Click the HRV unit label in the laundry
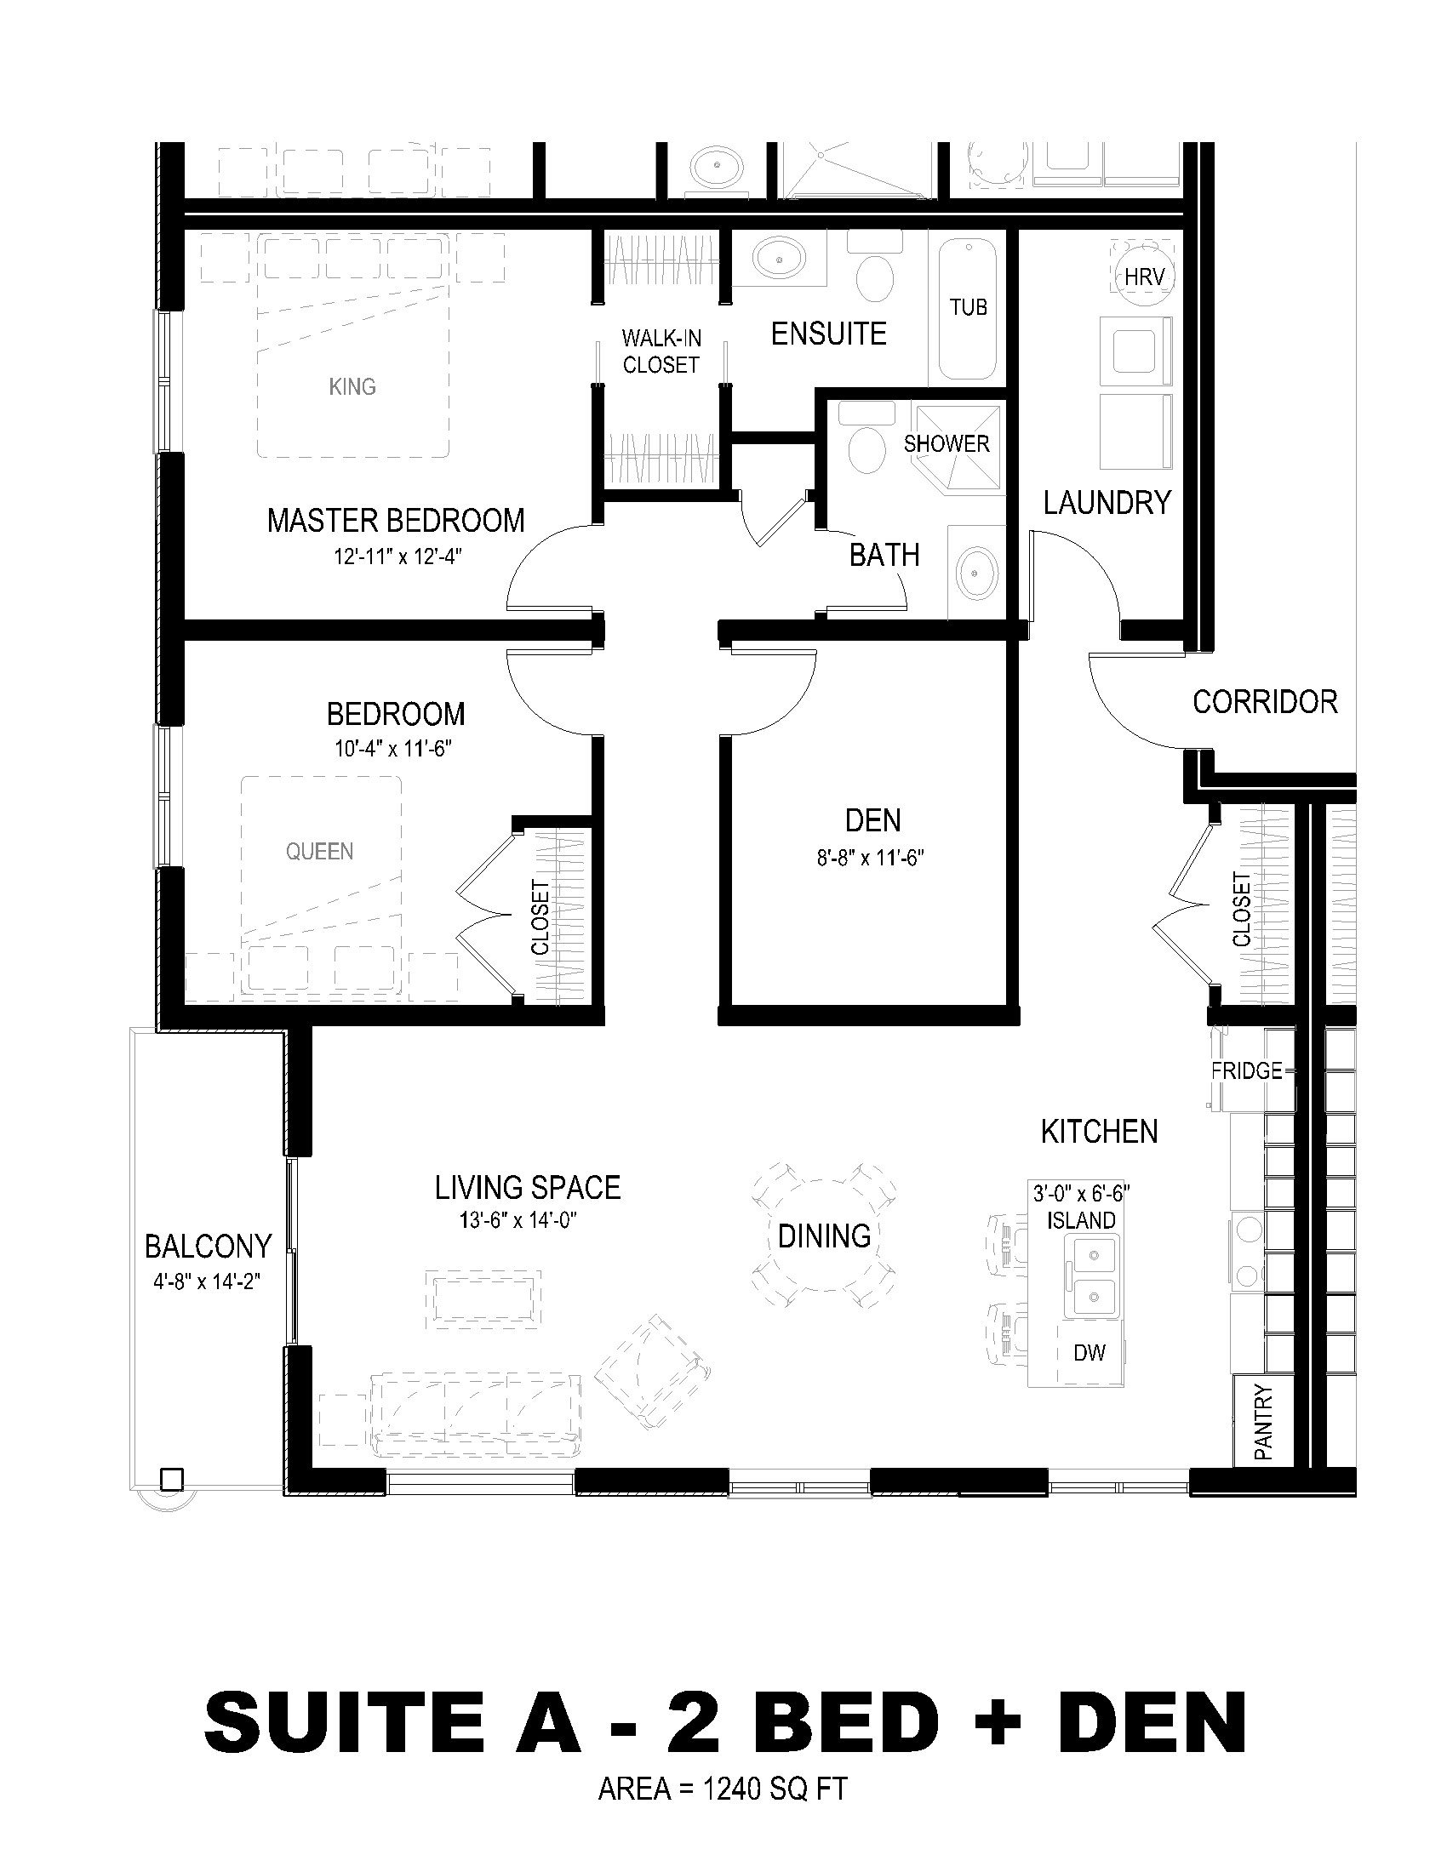pyautogui.click(x=1142, y=277)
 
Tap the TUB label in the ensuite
pyautogui.click(x=968, y=307)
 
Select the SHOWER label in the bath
pyautogui.click(x=947, y=443)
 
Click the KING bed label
pyautogui.click(x=352, y=386)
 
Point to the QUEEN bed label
pyautogui.click(x=320, y=851)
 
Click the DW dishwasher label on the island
pyautogui.click(x=1090, y=1353)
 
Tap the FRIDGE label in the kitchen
pyautogui.click(x=1246, y=1070)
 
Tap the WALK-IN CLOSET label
pyautogui.click(x=661, y=351)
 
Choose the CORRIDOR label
pyautogui.click(x=1265, y=703)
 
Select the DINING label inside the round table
pyautogui.click(x=825, y=1236)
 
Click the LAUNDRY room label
pyautogui.click(x=1107, y=502)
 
